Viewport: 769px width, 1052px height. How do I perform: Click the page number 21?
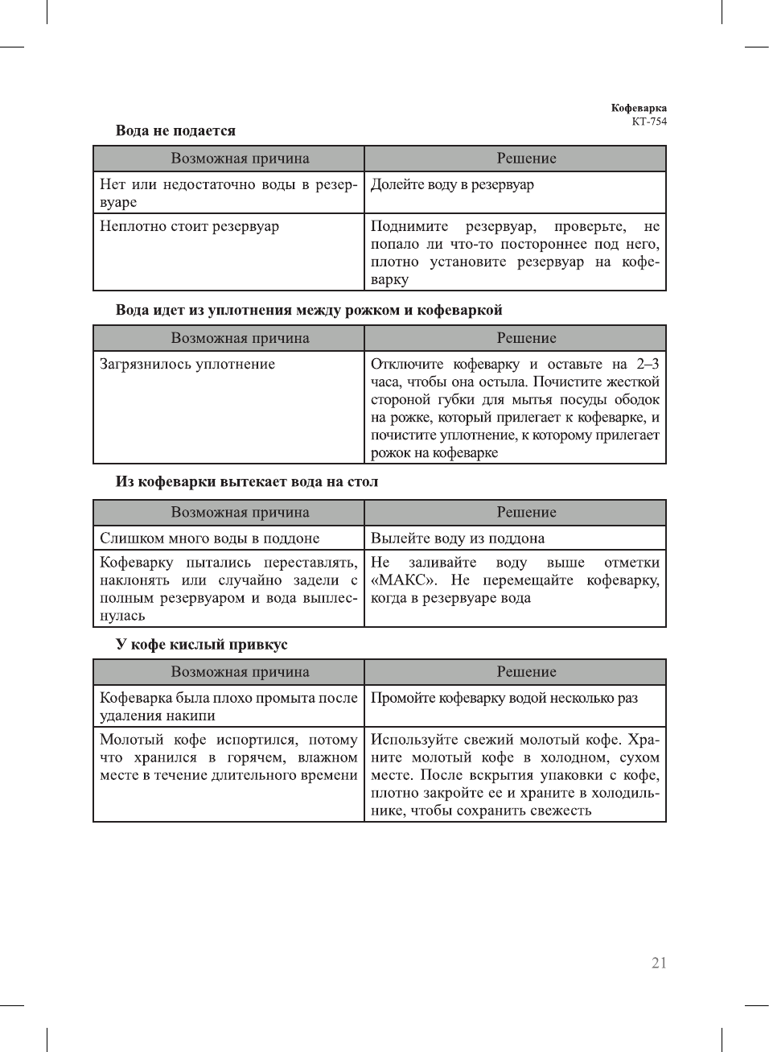(x=659, y=963)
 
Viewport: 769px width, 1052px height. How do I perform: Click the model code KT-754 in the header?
(x=649, y=122)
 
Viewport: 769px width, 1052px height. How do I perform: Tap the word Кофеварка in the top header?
(x=639, y=108)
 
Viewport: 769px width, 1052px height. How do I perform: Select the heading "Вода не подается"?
(x=175, y=130)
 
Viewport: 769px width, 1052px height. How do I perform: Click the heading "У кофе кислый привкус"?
(x=201, y=644)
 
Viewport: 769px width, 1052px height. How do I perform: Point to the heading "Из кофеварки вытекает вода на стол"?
(x=246, y=481)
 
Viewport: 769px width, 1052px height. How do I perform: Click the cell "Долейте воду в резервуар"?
(x=452, y=184)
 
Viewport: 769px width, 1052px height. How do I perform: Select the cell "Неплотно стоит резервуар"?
(x=189, y=226)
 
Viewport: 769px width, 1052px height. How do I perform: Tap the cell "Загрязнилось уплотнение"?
(x=187, y=364)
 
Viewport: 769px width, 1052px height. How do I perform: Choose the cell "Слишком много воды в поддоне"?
(x=209, y=538)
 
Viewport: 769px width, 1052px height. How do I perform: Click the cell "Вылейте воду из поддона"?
(x=457, y=538)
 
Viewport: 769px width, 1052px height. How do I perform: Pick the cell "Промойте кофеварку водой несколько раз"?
(x=504, y=698)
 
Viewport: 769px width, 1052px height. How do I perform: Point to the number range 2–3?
(x=648, y=364)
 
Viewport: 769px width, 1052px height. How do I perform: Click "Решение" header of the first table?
(x=526, y=159)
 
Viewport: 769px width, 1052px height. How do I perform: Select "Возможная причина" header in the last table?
(x=240, y=672)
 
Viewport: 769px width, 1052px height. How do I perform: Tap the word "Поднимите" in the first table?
(x=409, y=226)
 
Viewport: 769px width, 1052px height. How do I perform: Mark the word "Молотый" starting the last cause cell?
(x=131, y=740)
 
